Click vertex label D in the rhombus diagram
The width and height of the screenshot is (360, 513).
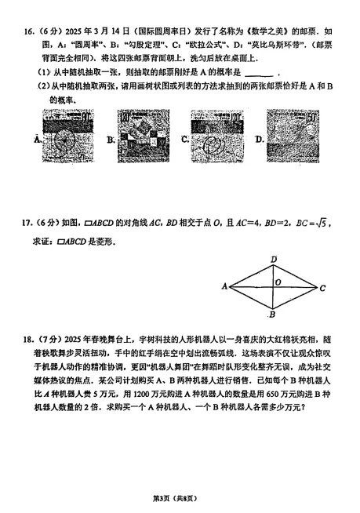pos(273,258)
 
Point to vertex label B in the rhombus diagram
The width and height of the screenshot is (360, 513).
pos(271,315)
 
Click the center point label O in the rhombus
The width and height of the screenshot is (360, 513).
pos(277,282)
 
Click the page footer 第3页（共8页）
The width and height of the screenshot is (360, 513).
pos(180,499)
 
